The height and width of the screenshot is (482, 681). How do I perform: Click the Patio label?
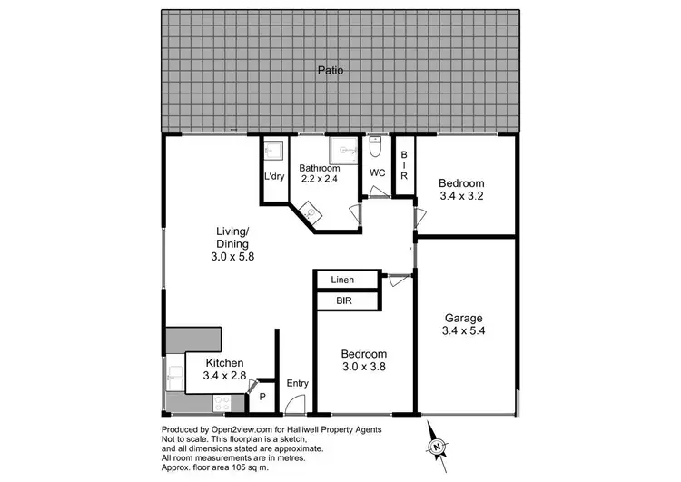tap(330, 69)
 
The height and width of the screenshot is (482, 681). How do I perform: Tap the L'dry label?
tap(274, 177)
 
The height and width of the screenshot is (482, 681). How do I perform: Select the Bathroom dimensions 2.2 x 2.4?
tap(321, 180)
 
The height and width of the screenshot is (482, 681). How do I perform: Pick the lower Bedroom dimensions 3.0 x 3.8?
tap(363, 367)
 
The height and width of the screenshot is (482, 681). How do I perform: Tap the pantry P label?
tap(262, 397)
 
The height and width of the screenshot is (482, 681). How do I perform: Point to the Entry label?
tap(297, 384)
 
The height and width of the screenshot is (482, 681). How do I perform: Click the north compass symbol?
tap(437, 446)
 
